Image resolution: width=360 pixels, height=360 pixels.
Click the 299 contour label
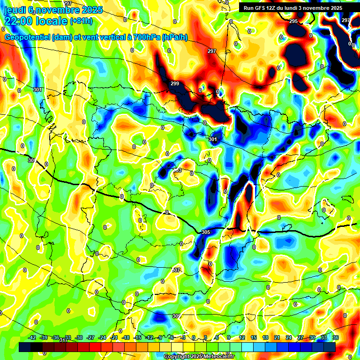174,83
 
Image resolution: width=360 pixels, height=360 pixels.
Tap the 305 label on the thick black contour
205,232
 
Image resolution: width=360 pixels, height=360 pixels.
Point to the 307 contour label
176,270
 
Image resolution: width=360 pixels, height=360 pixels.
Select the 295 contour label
293,22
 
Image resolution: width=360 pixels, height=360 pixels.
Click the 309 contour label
176,316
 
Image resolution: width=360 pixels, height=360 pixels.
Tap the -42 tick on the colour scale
32,337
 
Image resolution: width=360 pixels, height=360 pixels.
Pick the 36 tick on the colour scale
336,337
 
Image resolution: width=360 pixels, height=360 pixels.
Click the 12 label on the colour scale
241,337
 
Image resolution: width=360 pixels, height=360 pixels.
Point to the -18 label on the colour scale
126,337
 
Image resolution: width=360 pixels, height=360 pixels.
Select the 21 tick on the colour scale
277,337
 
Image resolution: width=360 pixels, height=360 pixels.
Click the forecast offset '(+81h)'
82,21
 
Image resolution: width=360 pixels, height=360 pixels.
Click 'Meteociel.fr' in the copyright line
225,356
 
